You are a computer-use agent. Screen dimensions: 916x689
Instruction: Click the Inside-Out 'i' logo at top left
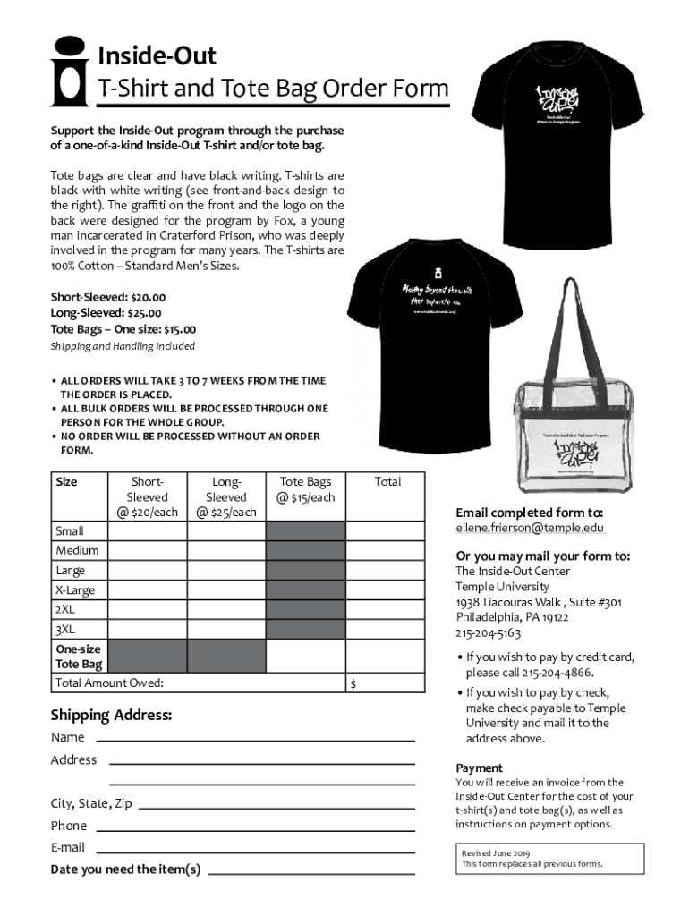pos(70,71)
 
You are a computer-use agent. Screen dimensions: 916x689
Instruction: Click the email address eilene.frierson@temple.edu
pos(523,528)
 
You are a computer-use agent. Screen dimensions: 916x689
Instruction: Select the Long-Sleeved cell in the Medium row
pos(225,551)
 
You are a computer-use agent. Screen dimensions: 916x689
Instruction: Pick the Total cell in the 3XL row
pos(387,630)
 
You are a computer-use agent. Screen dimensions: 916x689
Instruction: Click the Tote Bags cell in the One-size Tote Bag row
pos(306,657)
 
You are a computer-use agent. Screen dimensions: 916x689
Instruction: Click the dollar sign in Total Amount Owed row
pos(354,684)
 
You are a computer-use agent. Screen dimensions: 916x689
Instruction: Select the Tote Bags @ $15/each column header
pos(306,489)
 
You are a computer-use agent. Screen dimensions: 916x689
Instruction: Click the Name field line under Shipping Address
pos(255,740)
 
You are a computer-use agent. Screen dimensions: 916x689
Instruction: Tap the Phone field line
pos(255,828)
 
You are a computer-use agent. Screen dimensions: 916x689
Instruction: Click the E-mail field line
pos(255,850)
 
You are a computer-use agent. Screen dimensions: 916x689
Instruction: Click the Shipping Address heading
pos(111,716)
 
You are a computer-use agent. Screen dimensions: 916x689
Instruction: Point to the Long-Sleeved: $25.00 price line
pos(106,313)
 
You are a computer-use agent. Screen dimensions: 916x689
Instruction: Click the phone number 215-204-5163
pos(489,633)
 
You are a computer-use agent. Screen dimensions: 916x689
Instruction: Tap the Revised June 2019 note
pos(496,853)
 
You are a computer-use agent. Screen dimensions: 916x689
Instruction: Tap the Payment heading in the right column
pos(480,768)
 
